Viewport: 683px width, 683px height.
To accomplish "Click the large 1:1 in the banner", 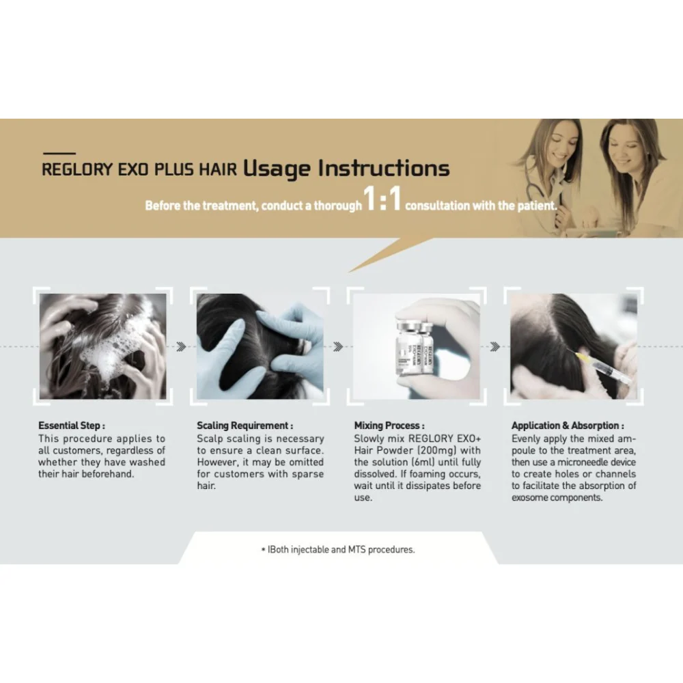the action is (x=382, y=199).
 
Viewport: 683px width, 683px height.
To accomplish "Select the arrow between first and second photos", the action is (x=182, y=347).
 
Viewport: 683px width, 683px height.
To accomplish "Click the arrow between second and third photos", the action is (x=338, y=347).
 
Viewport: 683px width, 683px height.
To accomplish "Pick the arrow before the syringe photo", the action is (x=494, y=347).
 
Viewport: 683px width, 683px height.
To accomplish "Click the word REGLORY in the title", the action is (x=77, y=169).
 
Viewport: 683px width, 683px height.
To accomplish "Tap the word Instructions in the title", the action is (x=384, y=168).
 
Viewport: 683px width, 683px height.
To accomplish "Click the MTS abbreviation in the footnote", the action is (x=357, y=549).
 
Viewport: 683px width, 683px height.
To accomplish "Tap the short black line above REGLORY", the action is (x=59, y=153).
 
